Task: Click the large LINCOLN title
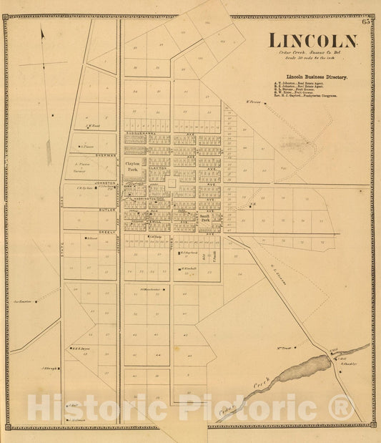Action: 312,41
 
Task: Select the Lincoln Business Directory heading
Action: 316,76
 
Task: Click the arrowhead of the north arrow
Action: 42,32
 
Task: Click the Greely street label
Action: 107,232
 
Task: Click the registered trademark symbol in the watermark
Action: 342,408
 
